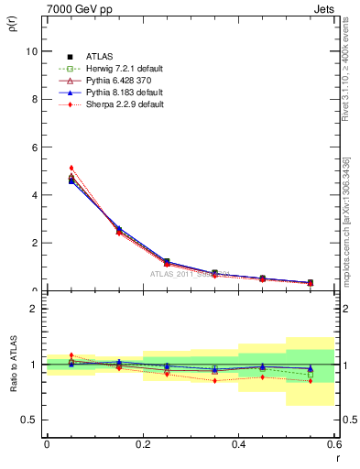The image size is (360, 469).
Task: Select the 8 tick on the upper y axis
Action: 33,99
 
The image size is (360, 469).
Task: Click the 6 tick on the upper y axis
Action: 33,147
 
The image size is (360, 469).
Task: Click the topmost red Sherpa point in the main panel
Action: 71,168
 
